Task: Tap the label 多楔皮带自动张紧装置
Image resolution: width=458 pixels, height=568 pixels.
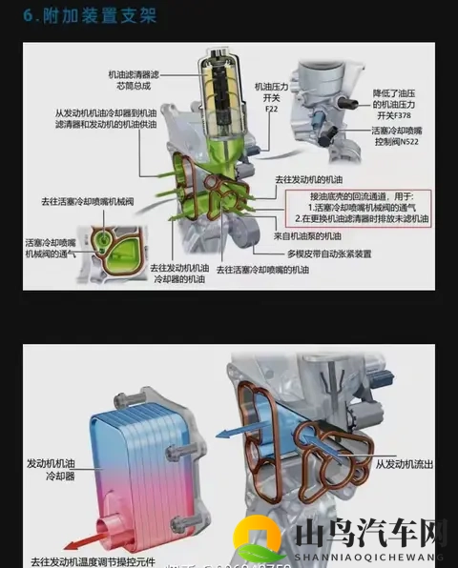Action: pos(329,254)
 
